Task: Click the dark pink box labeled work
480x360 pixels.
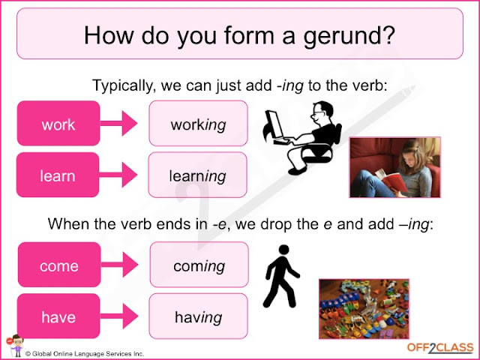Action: tap(58, 123)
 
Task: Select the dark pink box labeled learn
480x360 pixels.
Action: tap(58, 175)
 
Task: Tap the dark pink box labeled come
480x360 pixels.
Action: tap(59, 265)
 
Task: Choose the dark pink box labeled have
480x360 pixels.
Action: tap(58, 316)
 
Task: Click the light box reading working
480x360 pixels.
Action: tap(198, 123)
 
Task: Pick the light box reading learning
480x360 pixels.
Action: tap(198, 175)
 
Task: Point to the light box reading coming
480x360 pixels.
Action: tap(199, 265)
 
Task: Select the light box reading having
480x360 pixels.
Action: tap(198, 316)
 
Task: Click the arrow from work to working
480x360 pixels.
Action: tap(118, 123)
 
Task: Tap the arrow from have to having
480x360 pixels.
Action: tap(119, 316)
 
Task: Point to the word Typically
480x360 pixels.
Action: tap(122, 86)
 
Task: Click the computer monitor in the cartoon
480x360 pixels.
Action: tap(274, 124)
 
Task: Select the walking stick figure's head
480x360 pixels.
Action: tap(283, 250)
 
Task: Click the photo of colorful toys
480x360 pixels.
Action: tap(364, 309)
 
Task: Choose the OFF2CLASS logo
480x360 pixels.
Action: tap(440, 348)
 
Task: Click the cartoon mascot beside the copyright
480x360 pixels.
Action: tap(15, 346)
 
